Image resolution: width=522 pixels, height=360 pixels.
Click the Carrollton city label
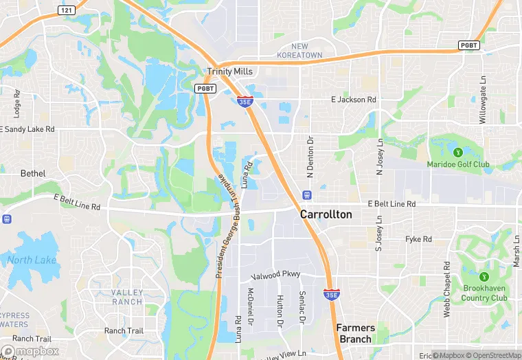(x=326, y=214)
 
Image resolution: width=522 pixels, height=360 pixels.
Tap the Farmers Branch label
(x=354, y=333)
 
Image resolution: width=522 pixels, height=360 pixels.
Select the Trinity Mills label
(x=230, y=71)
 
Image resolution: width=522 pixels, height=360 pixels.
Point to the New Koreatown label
(x=299, y=50)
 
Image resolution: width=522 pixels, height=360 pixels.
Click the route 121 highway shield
(x=67, y=10)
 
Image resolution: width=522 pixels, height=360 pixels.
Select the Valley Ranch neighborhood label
(x=127, y=297)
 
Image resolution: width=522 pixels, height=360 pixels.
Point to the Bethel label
(x=32, y=173)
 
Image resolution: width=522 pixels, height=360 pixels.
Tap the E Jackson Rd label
(x=354, y=100)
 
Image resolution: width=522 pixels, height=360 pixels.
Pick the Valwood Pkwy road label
(x=277, y=274)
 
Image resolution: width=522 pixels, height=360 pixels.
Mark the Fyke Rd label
(x=418, y=239)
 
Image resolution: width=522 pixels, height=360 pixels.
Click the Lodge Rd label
(x=17, y=103)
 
